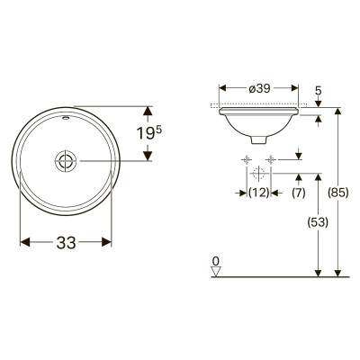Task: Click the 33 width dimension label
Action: click(66, 242)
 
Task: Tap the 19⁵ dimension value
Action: click(149, 133)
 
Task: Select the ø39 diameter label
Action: click(259, 88)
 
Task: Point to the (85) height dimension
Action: click(338, 193)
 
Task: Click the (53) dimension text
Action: click(318, 222)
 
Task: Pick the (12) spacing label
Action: click(259, 193)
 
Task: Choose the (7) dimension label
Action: click(299, 193)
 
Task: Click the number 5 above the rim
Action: click(319, 91)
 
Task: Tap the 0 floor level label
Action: click(215, 261)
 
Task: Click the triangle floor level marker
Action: click(216, 272)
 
